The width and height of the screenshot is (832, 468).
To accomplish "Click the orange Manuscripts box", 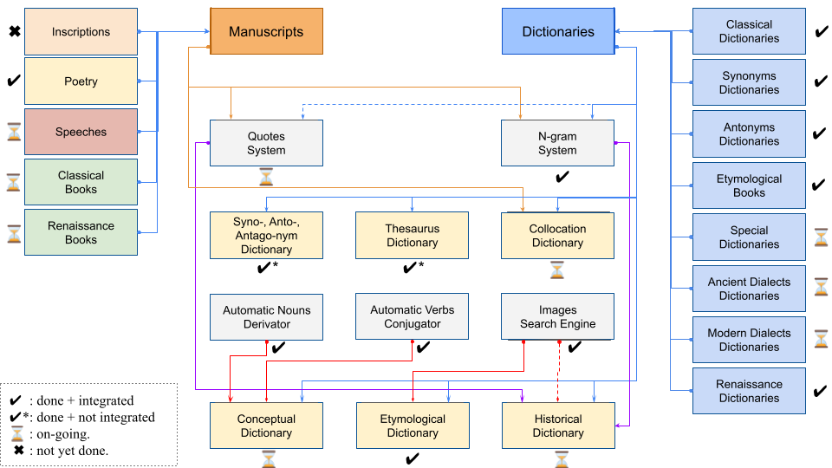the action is click(266, 31).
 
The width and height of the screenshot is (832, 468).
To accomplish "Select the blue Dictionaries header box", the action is click(558, 31).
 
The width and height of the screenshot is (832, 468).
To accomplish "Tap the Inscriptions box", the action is click(81, 32).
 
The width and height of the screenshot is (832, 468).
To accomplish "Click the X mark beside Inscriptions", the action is click(15, 32).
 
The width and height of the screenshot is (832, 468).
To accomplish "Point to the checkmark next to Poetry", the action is click(14, 81).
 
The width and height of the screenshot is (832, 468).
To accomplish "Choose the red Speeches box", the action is click(81, 132).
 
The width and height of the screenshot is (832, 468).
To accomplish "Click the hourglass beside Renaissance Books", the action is click(14, 233).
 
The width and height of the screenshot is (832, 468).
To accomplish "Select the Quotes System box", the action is click(266, 143).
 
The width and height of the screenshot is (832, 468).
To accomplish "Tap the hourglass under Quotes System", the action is click(266, 177).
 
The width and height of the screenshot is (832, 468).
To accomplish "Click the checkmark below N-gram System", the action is click(562, 177).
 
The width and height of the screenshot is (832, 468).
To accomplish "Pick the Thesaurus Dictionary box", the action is click(413, 236).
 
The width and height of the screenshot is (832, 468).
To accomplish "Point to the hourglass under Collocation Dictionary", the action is click(557, 270).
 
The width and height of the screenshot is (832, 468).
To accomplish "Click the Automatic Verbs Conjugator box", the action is click(413, 317).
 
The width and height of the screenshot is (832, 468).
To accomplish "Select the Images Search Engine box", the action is click(557, 317).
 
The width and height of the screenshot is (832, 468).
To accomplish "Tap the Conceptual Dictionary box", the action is click(266, 426).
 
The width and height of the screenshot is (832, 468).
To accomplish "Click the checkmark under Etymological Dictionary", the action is click(413, 458).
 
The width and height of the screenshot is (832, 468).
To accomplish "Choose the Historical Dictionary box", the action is click(558, 426).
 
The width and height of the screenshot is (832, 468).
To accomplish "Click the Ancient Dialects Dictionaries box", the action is click(749, 289).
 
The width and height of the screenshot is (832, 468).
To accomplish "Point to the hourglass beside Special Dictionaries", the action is click(821, 237).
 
